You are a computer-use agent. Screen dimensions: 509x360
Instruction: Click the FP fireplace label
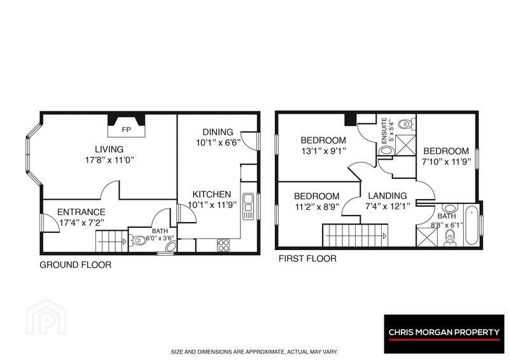pos(126,130)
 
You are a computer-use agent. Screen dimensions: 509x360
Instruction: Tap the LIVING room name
pos(109,149)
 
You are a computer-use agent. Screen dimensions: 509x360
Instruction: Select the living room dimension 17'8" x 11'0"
pos(109,160)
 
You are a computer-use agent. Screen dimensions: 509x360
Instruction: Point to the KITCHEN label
pos(212,195)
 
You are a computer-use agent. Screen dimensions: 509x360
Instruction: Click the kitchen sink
pos(248,206)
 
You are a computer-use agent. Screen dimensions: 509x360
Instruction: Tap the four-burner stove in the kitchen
pos(223,245)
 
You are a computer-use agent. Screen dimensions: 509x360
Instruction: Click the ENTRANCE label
pos(81,212)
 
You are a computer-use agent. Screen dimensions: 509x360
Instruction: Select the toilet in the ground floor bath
pos(138,240)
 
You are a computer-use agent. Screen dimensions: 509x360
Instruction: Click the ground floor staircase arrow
pos(113,242)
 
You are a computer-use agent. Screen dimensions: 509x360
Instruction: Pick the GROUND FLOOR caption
pos(75,265)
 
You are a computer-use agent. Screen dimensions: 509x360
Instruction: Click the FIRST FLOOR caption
pos(307,259)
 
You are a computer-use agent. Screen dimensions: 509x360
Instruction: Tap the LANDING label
pos(387,196)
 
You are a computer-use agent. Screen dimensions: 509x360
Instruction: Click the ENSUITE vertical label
pos(384,131)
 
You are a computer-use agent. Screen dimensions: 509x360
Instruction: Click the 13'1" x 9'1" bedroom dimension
pos(323,151)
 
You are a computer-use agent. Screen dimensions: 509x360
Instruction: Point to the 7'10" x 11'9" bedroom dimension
pos(447,162)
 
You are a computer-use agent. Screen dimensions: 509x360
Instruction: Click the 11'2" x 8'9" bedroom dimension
pos(316,207)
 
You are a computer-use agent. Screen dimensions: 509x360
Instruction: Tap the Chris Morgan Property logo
pos(444,334)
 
